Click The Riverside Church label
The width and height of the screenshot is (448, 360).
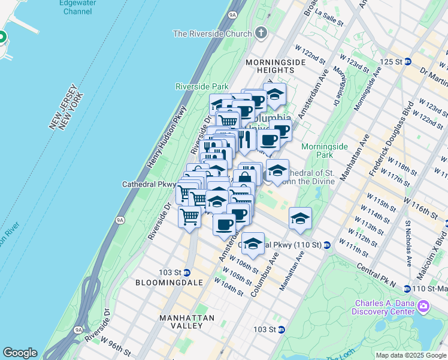click(x=212, y=34)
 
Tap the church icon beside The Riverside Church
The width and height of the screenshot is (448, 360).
click(x=261, y=33)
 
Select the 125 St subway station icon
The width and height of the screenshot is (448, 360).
click(x=408, y=62)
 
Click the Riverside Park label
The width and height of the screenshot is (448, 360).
click(x=202, y=86)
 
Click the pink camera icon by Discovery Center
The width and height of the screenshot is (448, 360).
click(x=423, y=307)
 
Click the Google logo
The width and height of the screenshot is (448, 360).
click(x=20, y=353)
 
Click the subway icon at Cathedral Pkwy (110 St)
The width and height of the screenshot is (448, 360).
click(x=327, y=245)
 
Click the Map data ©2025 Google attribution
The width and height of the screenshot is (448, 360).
click(x=411, y=355)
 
